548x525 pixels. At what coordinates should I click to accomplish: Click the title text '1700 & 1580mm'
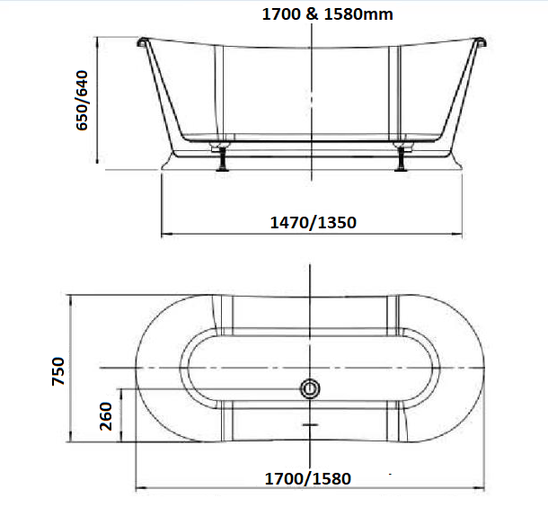click(x=327, y=14)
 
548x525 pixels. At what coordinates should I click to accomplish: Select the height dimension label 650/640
click(x=83, y=102)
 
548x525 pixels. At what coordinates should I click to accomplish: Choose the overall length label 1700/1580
click(x=307, y=477)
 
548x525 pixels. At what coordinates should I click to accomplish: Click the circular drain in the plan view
click(x=309, y=389)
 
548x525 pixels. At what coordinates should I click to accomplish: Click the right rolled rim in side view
click(x=477, y=41)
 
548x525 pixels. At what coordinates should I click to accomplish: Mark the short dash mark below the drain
click(x=309, y=423)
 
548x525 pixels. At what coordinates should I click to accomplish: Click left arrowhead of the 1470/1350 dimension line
click(x=164, y=236)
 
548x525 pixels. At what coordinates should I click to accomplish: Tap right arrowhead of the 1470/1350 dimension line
click(x=458, y=236)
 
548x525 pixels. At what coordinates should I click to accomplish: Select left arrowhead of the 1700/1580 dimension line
click(x=137, y=490)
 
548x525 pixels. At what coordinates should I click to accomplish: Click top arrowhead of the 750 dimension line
click(x=71, y=296)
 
